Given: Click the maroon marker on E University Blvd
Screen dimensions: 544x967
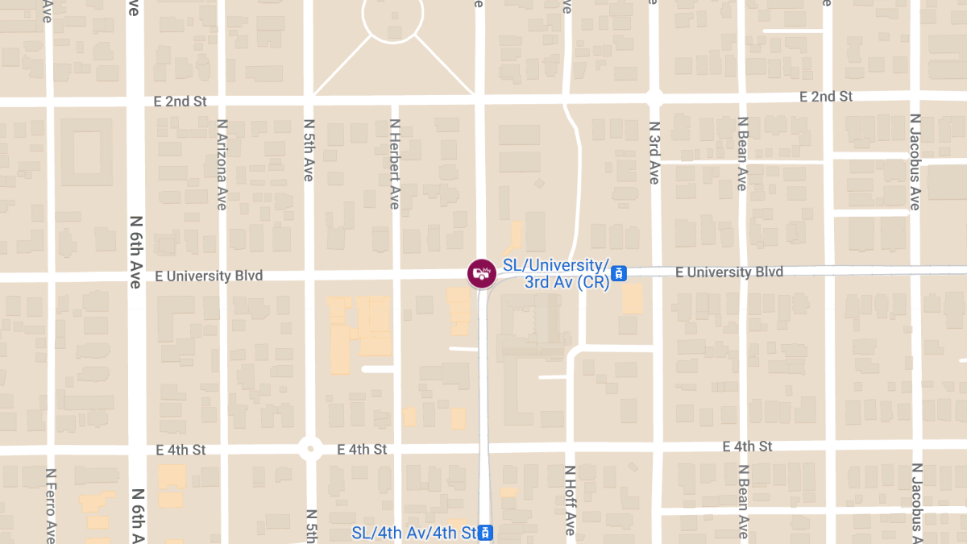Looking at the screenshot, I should pyautogui.click(x=481, y=272).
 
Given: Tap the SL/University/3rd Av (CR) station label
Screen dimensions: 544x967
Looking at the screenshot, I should pyautogui.click(x=556, y=273).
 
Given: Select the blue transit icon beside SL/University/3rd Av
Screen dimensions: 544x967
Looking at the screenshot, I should pyautogui.click(x=619, y=273).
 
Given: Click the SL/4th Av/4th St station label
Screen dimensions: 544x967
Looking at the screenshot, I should pyautogui.click(x=414, y=533).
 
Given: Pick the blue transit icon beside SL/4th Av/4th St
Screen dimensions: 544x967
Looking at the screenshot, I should pyautogui.click(x=485, y=533).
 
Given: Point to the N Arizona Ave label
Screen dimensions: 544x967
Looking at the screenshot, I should pyautogui.click(x=222, y=164).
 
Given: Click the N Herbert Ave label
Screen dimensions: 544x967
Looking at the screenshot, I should pyautogui.click(x=394, y=164).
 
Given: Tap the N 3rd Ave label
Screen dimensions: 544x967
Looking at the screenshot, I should pyautogui.click(x=654, y=153).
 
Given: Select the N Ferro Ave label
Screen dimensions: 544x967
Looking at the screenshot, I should pyautogui.click(x=51, y=505).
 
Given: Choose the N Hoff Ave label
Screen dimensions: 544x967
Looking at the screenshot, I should pyautogui.click(x=569, y=500).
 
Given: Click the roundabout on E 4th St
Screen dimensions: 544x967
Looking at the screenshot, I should pyautogui.click(x=309, y=449).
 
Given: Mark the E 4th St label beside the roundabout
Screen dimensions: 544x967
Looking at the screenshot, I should pyautogui.click(x=362, y=449).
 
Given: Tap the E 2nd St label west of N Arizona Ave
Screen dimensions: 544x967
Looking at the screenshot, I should pyautogui.click(x=181, y=102).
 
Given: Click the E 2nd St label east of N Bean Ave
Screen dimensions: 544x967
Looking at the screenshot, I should pyautogui.click(x=826, y=97).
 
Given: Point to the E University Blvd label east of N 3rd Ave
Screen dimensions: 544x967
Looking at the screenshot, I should pyautogui.click(x=729, y=272).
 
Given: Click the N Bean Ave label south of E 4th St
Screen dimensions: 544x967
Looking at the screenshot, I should pyautogui.click(x=741, y=501).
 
